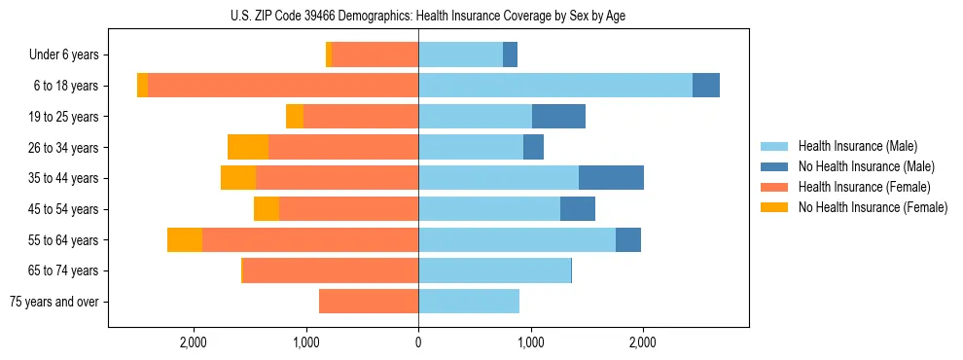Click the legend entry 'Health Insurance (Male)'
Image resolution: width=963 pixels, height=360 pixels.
857,146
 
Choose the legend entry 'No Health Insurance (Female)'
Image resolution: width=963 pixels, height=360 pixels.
873,207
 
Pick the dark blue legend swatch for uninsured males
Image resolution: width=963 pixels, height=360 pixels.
775,166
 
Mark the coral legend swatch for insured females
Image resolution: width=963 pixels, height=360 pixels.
775,187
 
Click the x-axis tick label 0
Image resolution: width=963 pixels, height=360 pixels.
418,342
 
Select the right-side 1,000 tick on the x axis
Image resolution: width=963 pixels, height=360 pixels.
530,342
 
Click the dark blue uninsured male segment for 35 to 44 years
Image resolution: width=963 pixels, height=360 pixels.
611,178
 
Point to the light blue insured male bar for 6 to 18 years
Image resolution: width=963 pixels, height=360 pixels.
555,86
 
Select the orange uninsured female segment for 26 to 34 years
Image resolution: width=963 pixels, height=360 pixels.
248,147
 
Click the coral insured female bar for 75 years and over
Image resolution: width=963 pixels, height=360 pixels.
369,302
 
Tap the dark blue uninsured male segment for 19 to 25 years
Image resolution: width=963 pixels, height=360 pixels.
558,117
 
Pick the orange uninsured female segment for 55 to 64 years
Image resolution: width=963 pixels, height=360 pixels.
185,239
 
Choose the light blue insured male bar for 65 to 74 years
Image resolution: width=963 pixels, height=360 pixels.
494,270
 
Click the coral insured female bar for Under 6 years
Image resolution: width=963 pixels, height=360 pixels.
374,54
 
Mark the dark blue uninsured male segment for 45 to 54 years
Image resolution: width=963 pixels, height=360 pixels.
578,209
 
